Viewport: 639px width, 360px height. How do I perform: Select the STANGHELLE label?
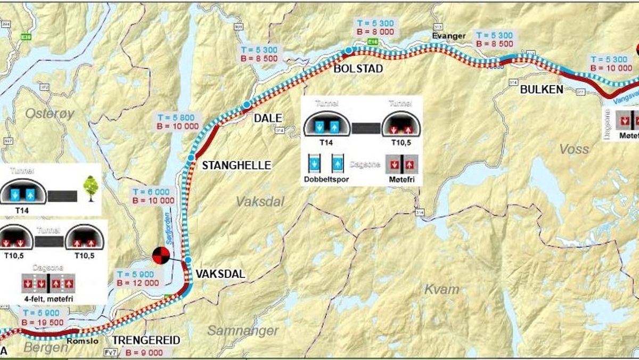236,166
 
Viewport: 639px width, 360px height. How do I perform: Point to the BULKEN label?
541,89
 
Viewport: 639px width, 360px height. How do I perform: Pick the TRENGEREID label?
146,340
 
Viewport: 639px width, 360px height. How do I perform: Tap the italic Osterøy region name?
50,113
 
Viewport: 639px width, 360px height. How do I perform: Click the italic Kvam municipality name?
441,289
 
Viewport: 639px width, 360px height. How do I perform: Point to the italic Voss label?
574,149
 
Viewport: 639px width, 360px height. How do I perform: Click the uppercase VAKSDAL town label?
220,274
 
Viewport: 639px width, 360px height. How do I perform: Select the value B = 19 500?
43,322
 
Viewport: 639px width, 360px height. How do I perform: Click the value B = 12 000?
137,283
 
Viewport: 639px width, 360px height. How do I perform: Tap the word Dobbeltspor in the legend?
327,179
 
